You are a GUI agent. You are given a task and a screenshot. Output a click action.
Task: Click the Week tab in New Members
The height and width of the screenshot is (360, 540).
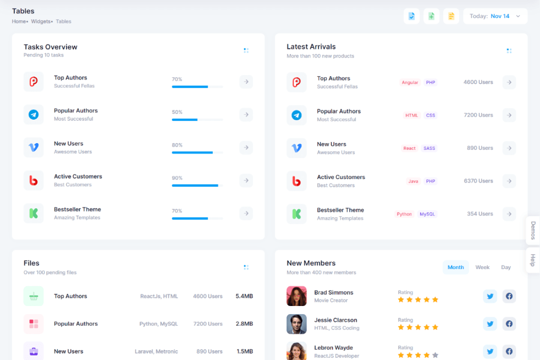[482, 267]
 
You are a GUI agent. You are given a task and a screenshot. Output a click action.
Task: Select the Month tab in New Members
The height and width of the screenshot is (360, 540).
[455, 267]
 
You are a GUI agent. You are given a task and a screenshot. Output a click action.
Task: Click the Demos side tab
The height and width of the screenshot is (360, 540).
[533, 230]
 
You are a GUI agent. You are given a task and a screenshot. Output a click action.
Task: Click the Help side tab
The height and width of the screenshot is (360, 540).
[533, 260]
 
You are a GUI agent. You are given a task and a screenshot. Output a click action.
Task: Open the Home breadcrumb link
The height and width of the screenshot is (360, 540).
[19, 22]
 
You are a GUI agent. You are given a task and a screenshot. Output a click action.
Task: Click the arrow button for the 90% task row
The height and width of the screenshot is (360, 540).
[246, 180]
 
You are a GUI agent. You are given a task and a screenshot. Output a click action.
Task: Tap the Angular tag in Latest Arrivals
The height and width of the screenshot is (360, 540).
[410, 82]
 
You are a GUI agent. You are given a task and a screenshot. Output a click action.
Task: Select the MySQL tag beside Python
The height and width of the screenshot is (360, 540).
[427, 214]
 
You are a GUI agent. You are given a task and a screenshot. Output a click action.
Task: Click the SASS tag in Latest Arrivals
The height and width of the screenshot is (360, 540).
[429, 148]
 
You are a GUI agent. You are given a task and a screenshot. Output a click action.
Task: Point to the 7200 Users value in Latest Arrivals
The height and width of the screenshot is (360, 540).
[478, 115]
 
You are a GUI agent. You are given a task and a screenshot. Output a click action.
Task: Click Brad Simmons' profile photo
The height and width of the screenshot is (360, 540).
[297, 296]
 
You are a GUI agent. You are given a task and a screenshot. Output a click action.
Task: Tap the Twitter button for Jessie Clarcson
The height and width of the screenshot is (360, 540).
[490, 324]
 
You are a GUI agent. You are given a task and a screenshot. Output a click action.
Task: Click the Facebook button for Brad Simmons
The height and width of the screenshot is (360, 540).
[509, 296]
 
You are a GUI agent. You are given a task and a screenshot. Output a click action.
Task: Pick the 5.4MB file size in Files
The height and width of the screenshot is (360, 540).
[244, 296]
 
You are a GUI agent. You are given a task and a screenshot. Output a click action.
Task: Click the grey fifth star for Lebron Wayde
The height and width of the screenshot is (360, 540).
[435, 355]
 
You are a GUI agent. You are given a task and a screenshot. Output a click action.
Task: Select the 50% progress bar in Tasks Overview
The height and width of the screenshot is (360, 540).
[197, 120]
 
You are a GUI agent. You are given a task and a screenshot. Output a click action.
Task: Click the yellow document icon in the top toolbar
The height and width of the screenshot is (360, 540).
[451, 16]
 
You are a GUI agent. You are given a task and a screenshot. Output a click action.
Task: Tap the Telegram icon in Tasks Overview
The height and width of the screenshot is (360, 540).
[34, 115]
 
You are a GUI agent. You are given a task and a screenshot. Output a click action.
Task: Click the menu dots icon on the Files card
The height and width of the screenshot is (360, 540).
[246, 267]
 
